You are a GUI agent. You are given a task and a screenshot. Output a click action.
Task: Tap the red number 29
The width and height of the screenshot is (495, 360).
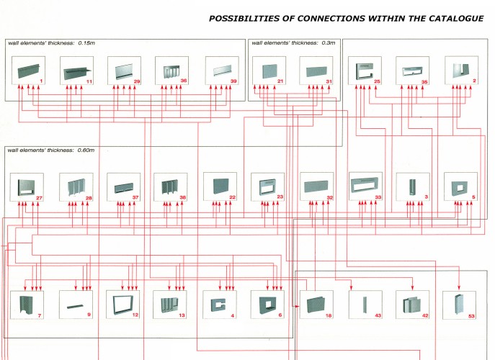point(137,82)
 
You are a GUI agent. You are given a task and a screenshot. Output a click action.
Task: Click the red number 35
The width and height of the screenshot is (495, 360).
point(424,82)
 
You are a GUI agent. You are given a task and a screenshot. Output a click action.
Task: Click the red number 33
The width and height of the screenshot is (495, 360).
point(377,197)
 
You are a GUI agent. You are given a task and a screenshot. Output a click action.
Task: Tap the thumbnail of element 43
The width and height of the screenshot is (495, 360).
point(364,304)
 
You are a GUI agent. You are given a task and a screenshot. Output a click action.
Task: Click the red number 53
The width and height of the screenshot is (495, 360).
point(472,315)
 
